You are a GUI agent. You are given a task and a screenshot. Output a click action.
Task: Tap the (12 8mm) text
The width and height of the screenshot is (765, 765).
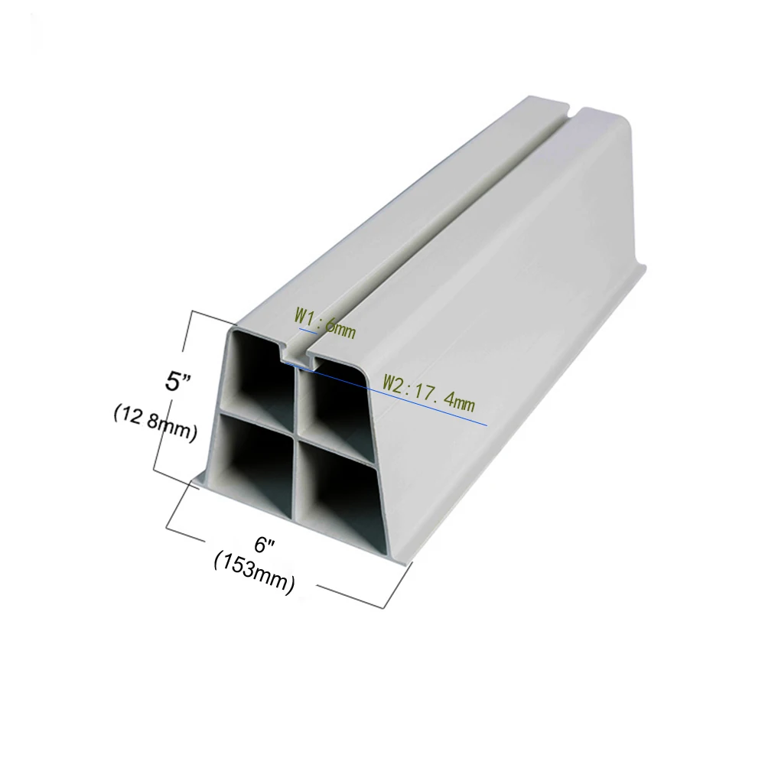coord(156,424)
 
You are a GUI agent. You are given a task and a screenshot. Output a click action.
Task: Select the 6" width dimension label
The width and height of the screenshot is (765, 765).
coord(265,545)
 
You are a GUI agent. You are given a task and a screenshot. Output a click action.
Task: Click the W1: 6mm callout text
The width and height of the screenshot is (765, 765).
coord(324,321)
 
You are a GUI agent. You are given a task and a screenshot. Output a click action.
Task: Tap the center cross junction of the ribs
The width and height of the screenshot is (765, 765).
coord(295,433)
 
